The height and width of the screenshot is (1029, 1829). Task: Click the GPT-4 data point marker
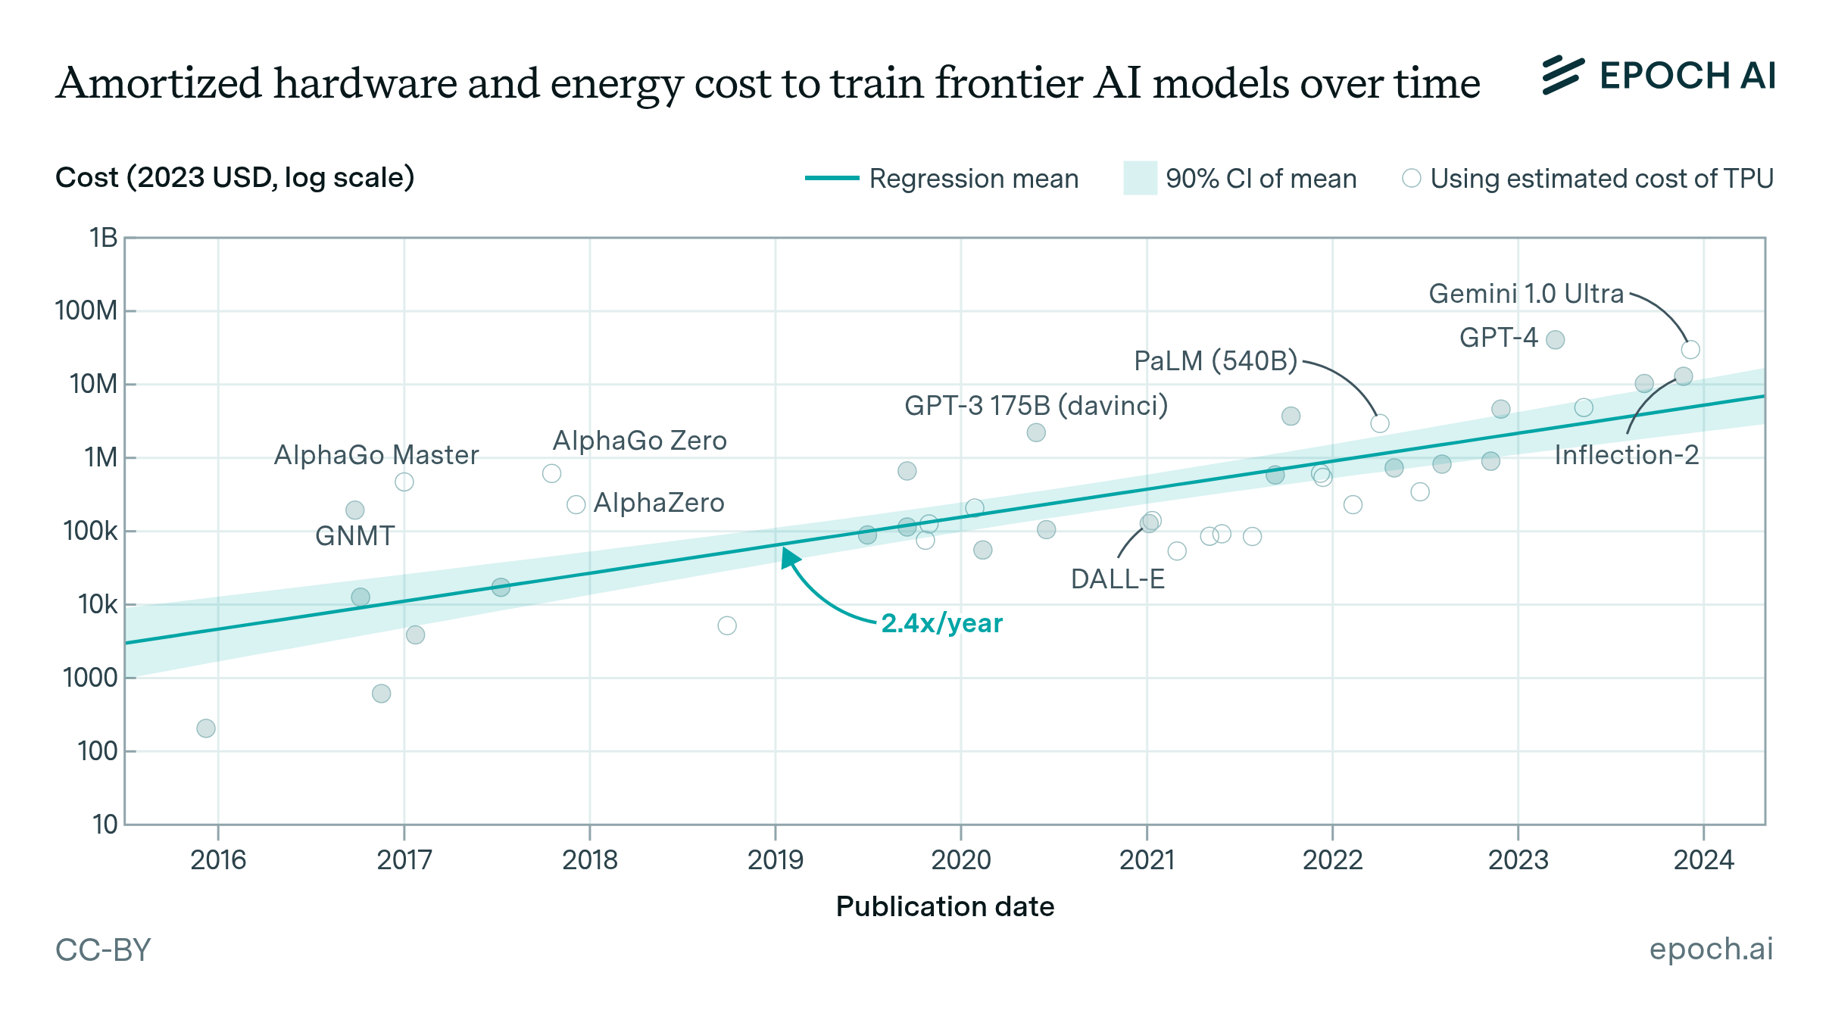coord(1555,340)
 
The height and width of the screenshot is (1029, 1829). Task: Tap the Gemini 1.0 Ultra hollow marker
coord(1690,350)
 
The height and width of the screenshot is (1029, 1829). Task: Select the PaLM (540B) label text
coord(1216,361)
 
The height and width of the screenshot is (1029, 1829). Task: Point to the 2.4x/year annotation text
coord(941,623)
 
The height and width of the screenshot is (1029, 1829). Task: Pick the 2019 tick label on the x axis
coord(775,860)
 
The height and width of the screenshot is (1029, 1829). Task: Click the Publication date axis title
coord(944,906)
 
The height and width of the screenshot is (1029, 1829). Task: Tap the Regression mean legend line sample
coord(832,179)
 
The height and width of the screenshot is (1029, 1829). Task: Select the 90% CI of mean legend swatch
coord(1140,179)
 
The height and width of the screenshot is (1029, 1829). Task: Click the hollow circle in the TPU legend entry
coord(1411,179)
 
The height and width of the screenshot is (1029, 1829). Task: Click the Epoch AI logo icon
coord(1562,76)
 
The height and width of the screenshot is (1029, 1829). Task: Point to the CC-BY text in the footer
coord(103,949)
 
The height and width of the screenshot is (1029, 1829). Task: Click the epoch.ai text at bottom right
coord(1711,949)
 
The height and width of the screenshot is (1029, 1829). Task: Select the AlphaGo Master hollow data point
coord(404,482)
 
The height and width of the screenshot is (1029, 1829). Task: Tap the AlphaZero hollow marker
coord(576,505)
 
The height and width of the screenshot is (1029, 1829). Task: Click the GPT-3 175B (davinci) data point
coord(1036,432)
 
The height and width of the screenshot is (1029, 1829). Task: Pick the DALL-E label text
coord(1117,579)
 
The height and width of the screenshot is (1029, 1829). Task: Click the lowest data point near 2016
coord(206,728)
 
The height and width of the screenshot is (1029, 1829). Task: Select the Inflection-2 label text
coord(1626,455)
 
